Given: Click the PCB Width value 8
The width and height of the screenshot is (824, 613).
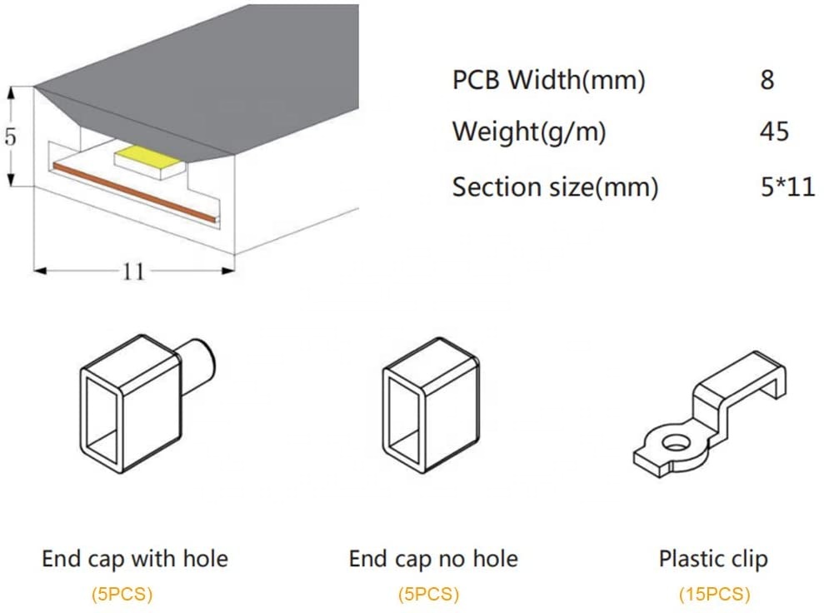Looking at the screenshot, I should pyautogui.click(x=767, y=80).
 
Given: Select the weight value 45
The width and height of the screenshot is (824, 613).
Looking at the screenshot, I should pyautogui.click(x=774, y=132).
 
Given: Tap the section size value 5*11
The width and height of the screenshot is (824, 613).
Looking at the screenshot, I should pyautogui.click(x=787, y=187).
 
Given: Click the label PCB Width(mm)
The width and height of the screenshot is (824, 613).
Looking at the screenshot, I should pyautogui.click(x=549, y=81).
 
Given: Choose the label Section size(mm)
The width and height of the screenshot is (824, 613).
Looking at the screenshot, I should pyautogui.click(x=555, y=187).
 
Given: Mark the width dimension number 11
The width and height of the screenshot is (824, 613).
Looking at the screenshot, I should pyautogui.click(x=134, y=272).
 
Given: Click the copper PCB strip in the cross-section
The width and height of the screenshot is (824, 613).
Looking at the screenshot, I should pyautogui.click(x=133, y=192).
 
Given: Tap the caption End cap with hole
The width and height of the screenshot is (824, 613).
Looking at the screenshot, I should pyautogui.click(x=135, y=558).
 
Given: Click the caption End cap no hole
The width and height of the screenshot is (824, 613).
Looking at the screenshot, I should pyautogui.click(x=433, y=558).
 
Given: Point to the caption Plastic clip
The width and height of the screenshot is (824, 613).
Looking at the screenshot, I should pyautogui.click(x=713, y=558).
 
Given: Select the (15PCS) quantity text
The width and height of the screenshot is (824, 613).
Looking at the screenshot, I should pyautogui.click(x=713, y=594).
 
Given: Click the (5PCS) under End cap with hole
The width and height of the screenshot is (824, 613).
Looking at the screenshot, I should pyautogui.click(x=122, y=594).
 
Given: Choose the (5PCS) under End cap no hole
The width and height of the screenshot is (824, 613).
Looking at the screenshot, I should pyautogui.click(x=427, y=594).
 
